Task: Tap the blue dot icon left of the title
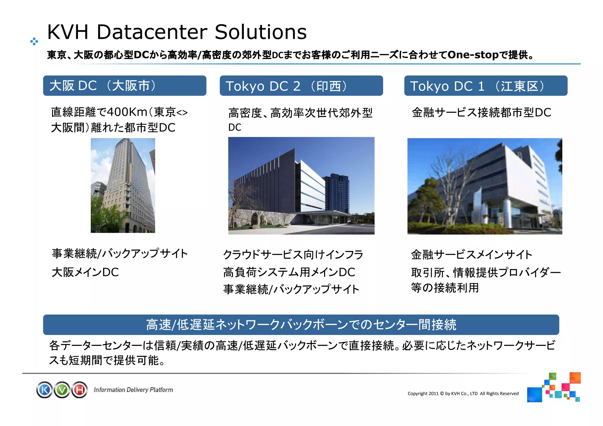(x=34, y=42)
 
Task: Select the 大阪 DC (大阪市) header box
(x=125, y=86)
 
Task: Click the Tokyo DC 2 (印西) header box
(x=301, y=86)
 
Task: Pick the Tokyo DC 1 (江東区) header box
(x=486, y=86)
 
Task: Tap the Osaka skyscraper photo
(x=123, y=185)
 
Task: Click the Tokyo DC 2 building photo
(x=301, y=185)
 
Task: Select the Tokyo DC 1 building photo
(x=485, y=186)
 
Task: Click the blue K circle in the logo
(x=45, y=390)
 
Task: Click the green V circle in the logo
(x=62, y=390)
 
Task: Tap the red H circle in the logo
(x=79, y=390)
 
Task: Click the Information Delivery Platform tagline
(x=133, y=390)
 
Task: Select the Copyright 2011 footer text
(x=463, y=394)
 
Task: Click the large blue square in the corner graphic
(x=534, y=395)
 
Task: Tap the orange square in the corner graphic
(x=575, y=378)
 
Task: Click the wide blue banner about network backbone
(x=301, y=325)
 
